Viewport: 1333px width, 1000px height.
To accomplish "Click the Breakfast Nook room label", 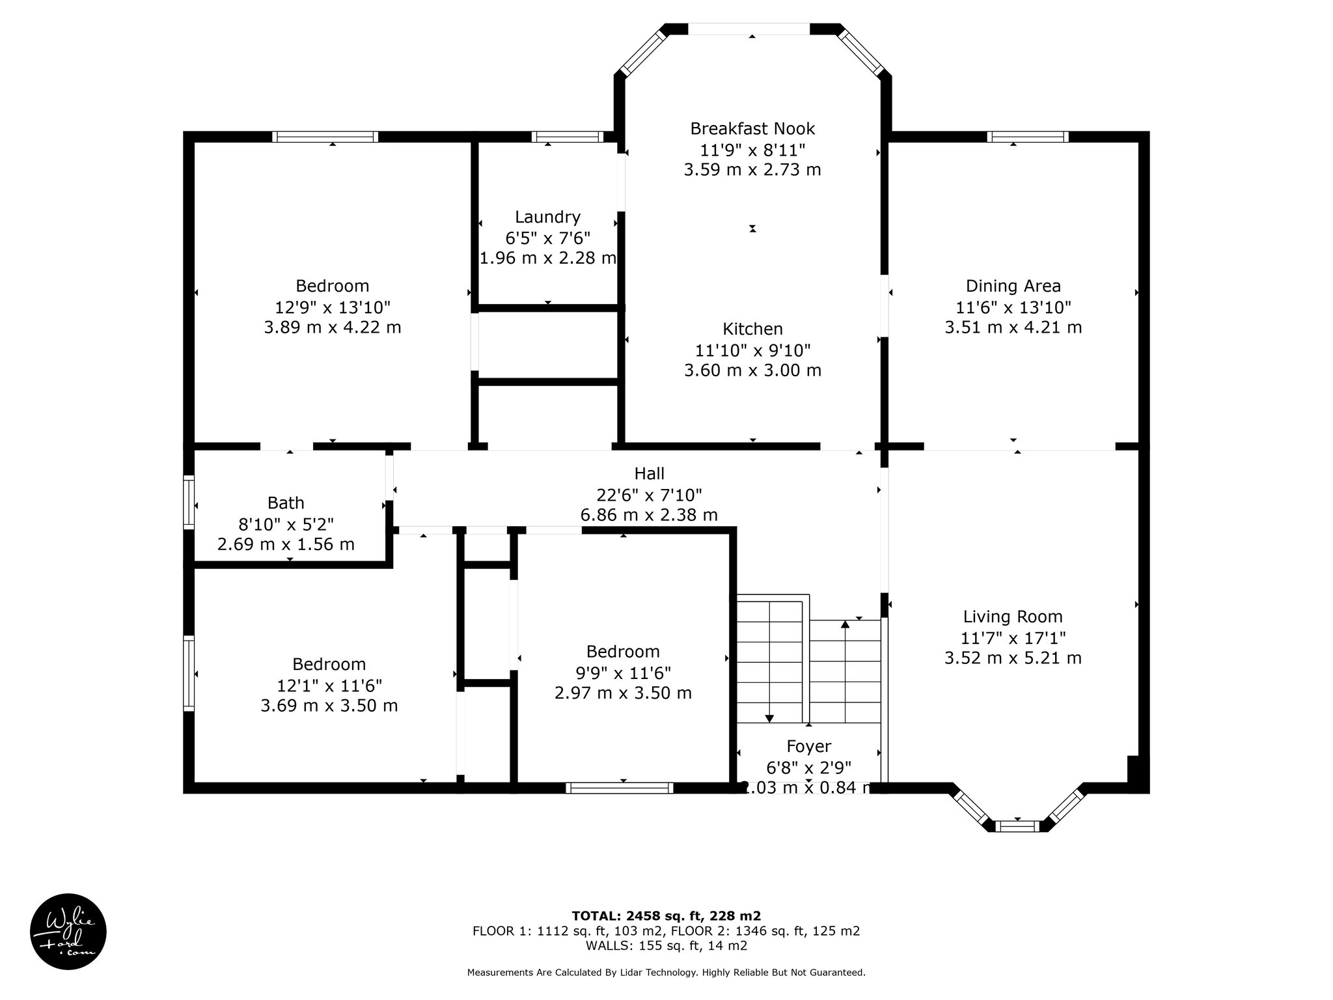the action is [752, 129].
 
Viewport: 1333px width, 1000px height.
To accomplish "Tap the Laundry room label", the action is [547, 217].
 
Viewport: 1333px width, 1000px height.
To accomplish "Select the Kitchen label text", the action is [752, 329].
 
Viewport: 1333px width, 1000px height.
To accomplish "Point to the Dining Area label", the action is [1013, 286].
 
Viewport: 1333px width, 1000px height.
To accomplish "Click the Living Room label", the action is [1013, 617].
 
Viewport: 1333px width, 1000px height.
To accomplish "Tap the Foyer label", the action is [808, 746].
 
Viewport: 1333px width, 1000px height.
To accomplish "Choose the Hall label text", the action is [649, 473].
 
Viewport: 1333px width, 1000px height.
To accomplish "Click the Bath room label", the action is [286, 503].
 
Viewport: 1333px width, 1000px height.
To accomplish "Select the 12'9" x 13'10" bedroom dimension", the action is [333, 307].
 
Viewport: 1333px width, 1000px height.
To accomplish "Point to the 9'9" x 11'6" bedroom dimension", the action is [623, 672].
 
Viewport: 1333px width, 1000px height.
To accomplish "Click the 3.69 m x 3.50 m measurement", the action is [329, 705].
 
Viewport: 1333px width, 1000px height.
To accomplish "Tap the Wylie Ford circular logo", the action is [68, 932].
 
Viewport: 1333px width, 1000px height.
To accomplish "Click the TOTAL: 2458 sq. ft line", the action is [666, 916].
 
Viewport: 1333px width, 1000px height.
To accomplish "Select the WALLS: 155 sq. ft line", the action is [666, 946].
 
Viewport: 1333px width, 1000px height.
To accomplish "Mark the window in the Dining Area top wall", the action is [1028, 137].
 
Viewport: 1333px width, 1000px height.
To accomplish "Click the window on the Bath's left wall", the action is [189, 502].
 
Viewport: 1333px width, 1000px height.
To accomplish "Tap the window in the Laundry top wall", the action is [568, 137].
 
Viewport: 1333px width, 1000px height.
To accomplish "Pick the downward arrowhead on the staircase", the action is [769, 718].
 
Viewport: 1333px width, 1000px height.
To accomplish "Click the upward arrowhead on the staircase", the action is [845, 624].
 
